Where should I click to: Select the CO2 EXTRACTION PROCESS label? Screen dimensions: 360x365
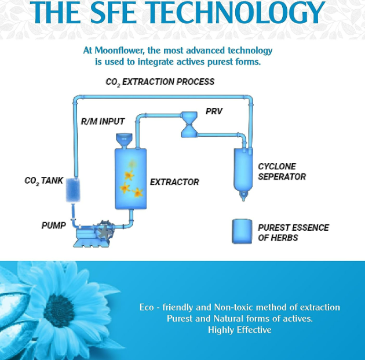point(160,82)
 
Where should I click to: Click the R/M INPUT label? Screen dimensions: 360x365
point(102,122)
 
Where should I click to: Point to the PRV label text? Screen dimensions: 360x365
point(214,111)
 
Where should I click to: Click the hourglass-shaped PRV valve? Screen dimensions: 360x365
point(190,124)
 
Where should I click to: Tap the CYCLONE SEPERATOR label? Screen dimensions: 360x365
point(282,172)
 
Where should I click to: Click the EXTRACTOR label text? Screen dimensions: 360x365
point(174,182)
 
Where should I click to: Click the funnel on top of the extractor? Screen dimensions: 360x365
point(123,140)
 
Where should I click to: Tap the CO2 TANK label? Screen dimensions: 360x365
point(44,181)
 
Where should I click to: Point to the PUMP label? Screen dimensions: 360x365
point(53,225)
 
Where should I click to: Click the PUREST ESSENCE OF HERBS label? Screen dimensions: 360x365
point(293,232)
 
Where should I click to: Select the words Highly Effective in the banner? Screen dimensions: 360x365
point(239,330)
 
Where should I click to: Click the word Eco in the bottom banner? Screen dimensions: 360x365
point(147,307)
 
